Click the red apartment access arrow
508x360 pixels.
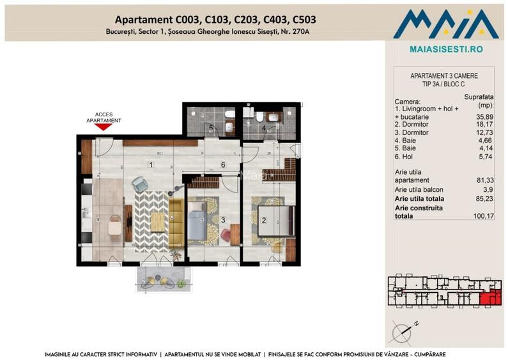[x=104, y=127]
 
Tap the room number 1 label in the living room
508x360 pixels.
[x=150, y=165]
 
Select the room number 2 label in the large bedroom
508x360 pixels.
[x=263, y=221]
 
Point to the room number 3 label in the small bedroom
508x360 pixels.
[x=222, y=221]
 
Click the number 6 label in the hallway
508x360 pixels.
[x=223, y=165]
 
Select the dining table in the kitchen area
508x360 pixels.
[x=114, y=224]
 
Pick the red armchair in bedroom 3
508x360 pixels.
[x=227, y=237]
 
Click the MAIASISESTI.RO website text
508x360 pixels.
[x=445, y=49]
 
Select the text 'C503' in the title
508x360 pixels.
[x=300, y=20]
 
